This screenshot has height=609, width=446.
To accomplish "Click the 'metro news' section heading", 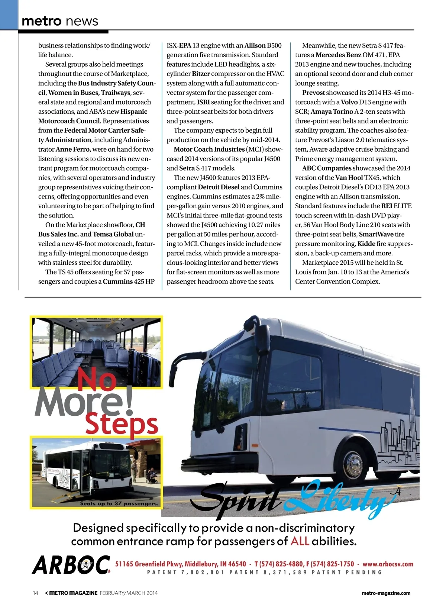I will pos(60,21).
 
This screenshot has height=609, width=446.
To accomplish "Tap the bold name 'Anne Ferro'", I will pos(72,149).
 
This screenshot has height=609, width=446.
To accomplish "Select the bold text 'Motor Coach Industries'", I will pos(209,149).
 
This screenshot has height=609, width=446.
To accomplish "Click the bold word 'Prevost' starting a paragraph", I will pos(313,93).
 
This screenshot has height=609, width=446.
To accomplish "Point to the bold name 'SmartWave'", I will pos(376,235).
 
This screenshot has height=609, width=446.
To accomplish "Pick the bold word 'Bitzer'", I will pos(201,74).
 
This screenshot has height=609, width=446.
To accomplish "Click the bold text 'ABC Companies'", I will pos(326,168).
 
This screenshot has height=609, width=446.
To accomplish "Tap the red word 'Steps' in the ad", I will pos(122,425).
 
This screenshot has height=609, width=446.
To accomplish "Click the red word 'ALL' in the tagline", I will pos(300,541).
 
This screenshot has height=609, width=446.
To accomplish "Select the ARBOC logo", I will pos(71,565).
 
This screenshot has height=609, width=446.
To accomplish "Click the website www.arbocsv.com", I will pos(388,564).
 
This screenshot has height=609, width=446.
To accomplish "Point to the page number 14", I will pos(36,593).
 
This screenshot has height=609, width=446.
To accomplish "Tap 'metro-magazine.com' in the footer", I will pos(386,593).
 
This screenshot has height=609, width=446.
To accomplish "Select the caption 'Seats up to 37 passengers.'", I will pos(119,504).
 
